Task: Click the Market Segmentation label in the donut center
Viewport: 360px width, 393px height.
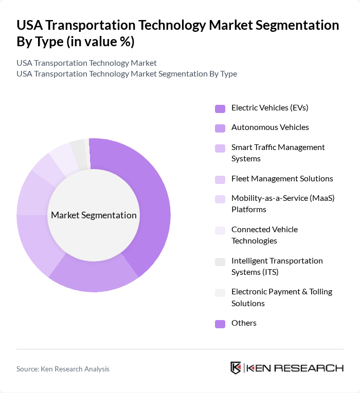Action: (94, 215)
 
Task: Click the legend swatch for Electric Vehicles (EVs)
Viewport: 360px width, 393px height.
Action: (220, 108)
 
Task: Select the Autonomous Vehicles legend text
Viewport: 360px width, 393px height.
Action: (270, 127)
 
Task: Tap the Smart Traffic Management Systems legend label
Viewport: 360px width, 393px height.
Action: (278, 153)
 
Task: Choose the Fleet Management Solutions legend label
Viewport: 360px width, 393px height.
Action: (282, 178)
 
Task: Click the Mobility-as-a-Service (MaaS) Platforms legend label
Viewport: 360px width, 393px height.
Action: (283, 203)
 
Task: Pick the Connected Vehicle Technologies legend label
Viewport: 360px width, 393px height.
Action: (264, 235)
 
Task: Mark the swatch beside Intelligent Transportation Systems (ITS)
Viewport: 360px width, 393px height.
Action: (220, 261)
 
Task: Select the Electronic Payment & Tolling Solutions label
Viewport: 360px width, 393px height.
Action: (282, 297)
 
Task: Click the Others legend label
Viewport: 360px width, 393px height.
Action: (244, 323)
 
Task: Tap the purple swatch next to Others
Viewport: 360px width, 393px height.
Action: (220, 324)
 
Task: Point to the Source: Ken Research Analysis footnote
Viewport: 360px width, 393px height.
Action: (63, 369)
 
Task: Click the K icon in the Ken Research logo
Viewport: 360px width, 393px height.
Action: (236, 368)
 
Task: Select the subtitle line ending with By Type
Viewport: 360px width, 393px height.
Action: (127, 73)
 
